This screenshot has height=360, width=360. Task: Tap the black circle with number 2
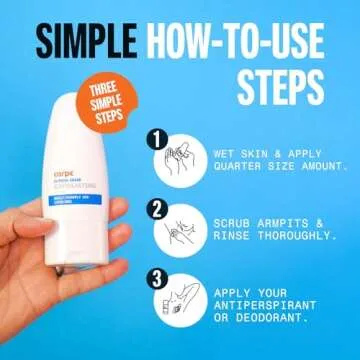pyautogui.click(x=158, y=211)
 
